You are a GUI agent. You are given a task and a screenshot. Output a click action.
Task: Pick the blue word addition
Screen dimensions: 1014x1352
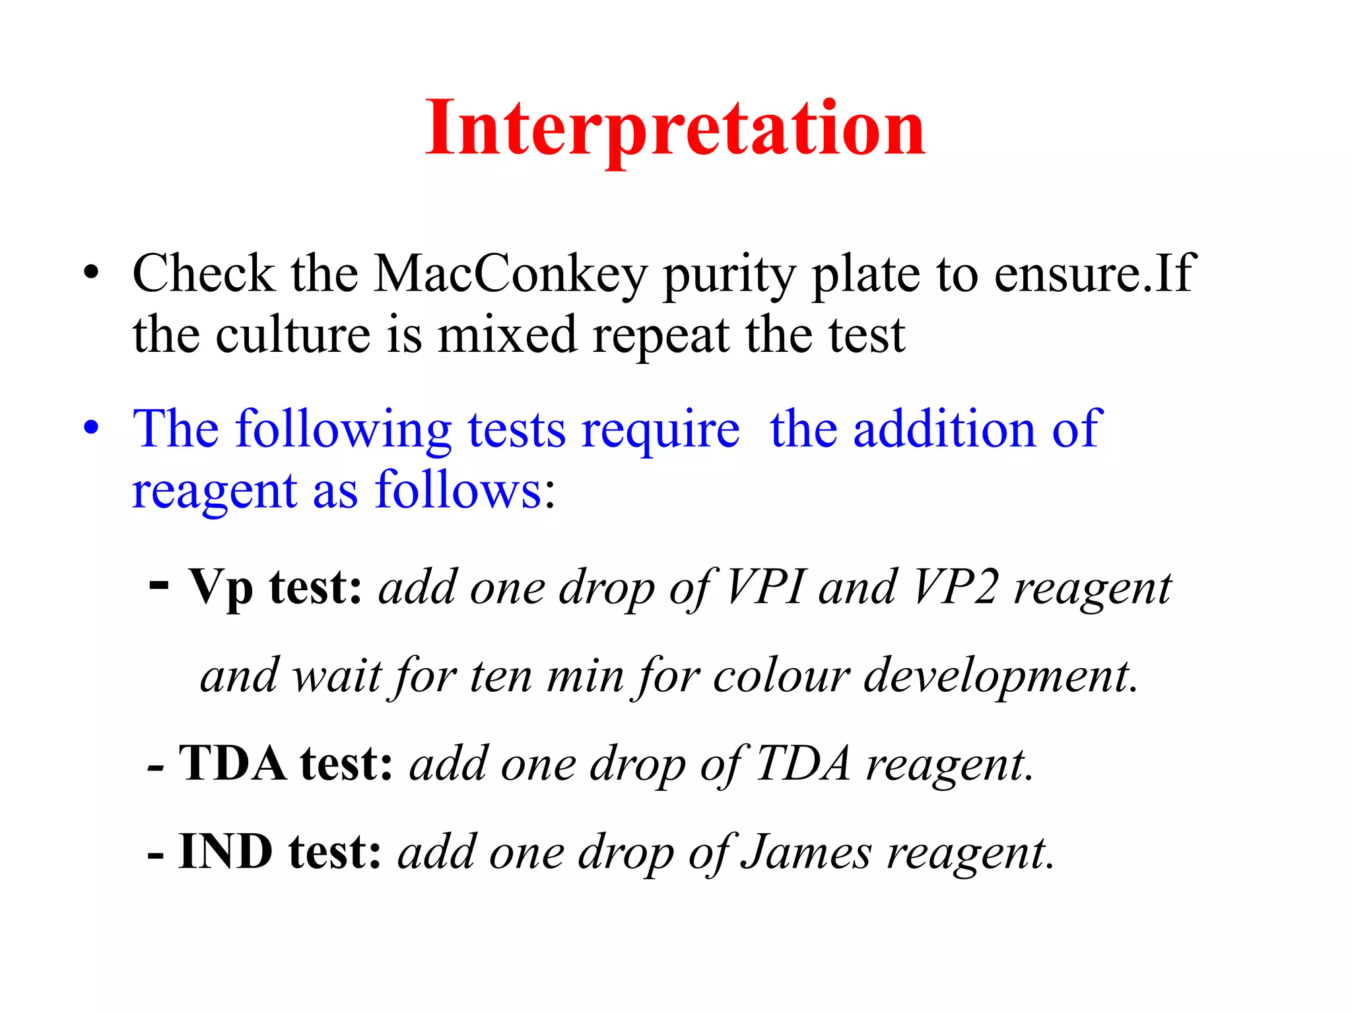tap(944, 429)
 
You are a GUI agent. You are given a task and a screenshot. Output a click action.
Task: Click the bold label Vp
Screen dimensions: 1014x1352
tap(220, 588)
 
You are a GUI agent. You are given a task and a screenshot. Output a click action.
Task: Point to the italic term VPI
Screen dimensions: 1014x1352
tap(766, 587)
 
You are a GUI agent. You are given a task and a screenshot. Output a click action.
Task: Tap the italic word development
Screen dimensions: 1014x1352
tap(1000, 677)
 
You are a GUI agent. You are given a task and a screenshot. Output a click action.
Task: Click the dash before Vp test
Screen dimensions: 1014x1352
tap(159, 584)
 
